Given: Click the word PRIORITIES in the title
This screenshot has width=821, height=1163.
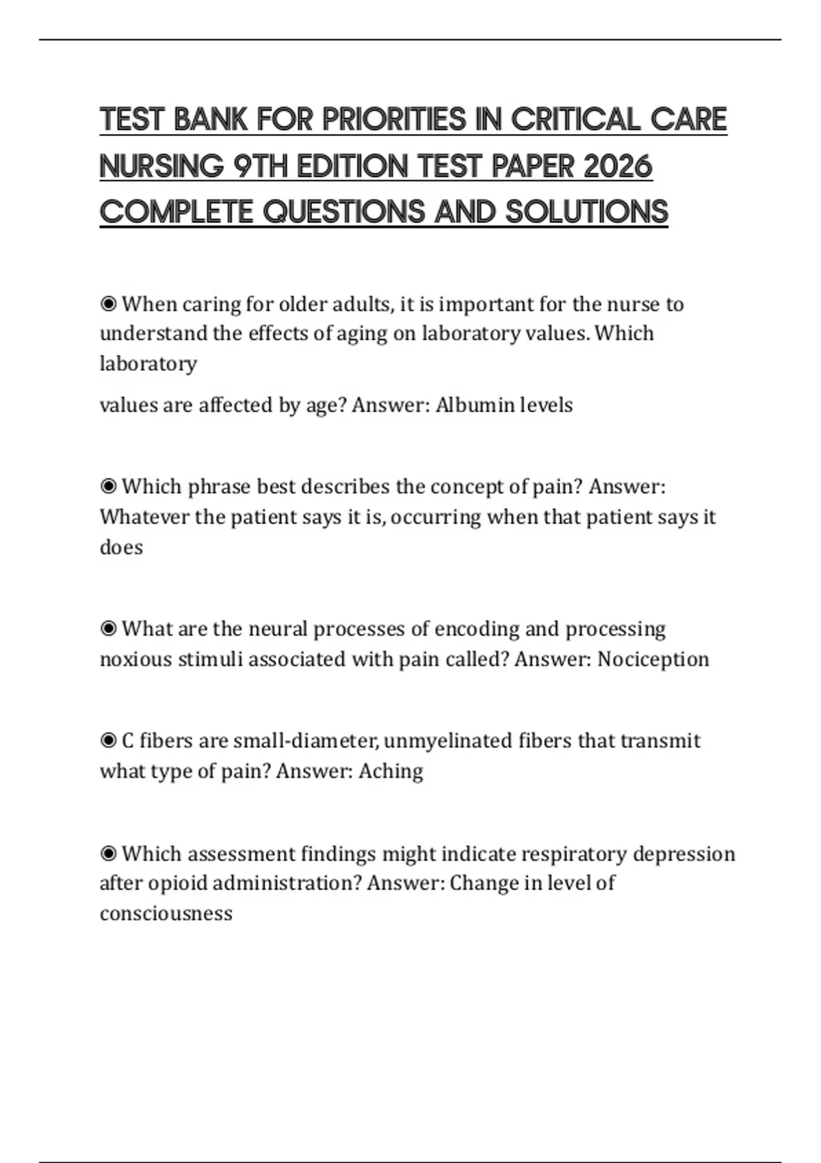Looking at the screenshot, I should tap(393, 120).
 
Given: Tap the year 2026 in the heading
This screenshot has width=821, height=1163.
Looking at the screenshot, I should tap(616, 166).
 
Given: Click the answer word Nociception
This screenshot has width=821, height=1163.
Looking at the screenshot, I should tap(653, 659).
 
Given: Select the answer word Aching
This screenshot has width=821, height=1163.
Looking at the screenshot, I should tap(391, 771).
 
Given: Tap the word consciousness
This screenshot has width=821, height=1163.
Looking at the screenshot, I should tap(166, 913).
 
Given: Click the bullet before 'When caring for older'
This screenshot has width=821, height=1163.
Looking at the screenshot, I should tap(108, 304).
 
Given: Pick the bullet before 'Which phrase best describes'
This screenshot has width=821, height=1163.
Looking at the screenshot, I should tap(108, 486).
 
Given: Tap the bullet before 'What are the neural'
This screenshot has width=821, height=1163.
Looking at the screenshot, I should tap(108, 629).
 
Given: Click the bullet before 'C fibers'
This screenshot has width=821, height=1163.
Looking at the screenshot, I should tap(108, 741).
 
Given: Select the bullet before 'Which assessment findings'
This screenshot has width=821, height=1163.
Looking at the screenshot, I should tap(108, 854).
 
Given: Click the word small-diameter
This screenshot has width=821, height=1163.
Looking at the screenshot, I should tap(305, 741).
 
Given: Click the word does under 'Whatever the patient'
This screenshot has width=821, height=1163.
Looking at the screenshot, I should tap(121, 547).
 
